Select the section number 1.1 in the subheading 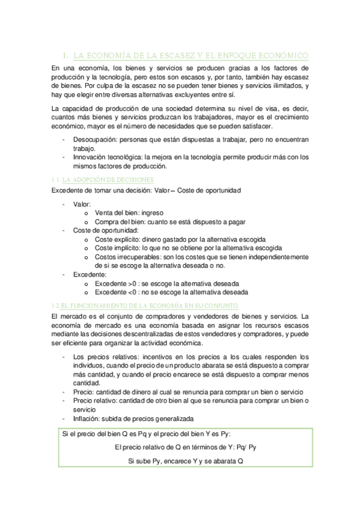coord(55,180)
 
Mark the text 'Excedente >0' coord(117,283)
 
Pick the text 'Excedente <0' coord(117,292)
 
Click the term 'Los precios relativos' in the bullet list coord(103,357)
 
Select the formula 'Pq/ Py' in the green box coord(245,447)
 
